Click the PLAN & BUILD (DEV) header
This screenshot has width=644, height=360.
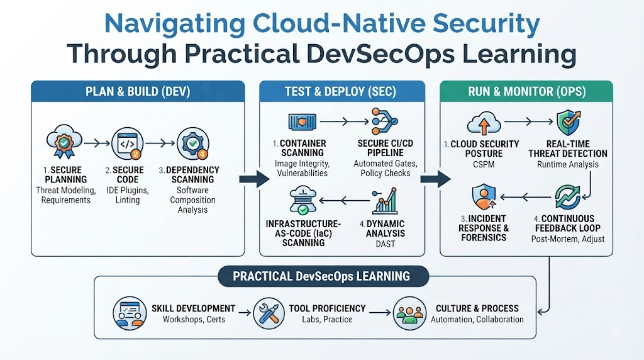(138, 91)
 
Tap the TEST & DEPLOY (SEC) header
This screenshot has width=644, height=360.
(341, 91)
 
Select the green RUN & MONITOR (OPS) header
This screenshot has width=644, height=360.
(526, 91)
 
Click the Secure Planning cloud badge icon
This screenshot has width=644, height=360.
(64, 142)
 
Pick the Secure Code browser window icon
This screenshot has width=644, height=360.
(128, 143)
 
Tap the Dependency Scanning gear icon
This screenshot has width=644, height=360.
(192, 143)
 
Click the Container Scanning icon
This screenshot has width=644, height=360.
(303, 121)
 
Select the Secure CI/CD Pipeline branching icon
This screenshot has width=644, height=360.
(384, 121)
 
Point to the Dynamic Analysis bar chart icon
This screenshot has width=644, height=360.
(386, 201)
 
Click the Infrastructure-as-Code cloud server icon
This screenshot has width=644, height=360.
(303, 201)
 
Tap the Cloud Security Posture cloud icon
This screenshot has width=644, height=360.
(484, 123)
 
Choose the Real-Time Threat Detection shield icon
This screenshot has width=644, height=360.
(569, 122)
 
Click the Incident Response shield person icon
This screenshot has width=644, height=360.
(484, 197)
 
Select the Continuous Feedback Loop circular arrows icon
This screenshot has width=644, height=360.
(568, 197)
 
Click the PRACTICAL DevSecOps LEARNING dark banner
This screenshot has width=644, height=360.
(323, 276)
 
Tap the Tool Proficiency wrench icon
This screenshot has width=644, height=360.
(269, 313)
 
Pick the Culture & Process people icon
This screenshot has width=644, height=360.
(409, 313)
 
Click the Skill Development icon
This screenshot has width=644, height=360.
(130, 313)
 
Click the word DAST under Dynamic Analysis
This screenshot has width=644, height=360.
(386, 244)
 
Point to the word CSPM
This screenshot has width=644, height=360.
(484, 164)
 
